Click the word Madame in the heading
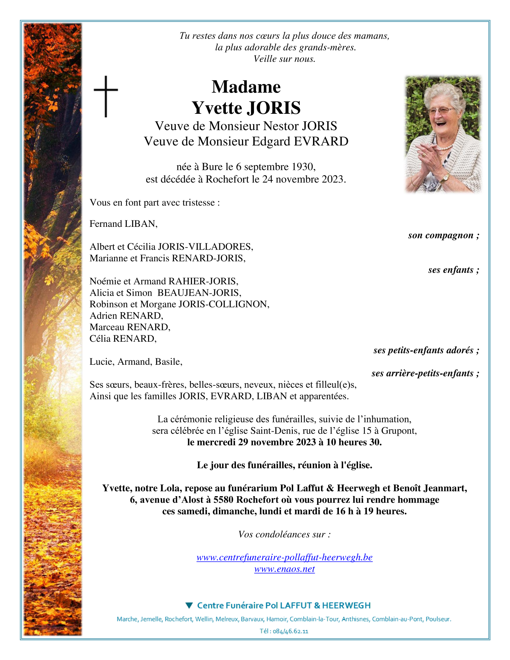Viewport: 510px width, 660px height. [246, 87]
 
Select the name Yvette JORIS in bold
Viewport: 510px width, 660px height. [246, 108]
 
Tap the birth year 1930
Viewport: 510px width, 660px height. [303, 167]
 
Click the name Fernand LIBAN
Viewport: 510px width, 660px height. [123, 224]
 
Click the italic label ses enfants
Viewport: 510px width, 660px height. [453, 270]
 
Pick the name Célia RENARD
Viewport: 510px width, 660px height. [123, 339]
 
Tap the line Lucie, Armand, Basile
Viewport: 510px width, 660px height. [136, 362]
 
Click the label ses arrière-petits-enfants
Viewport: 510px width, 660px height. [425, 373]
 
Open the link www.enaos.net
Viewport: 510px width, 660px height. [284, 569]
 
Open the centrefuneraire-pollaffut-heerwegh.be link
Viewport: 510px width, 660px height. [284, 557]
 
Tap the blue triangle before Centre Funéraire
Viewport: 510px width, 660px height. [189, 606]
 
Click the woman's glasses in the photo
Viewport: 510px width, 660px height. [442, 111]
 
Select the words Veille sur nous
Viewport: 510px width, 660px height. [284, 59]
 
